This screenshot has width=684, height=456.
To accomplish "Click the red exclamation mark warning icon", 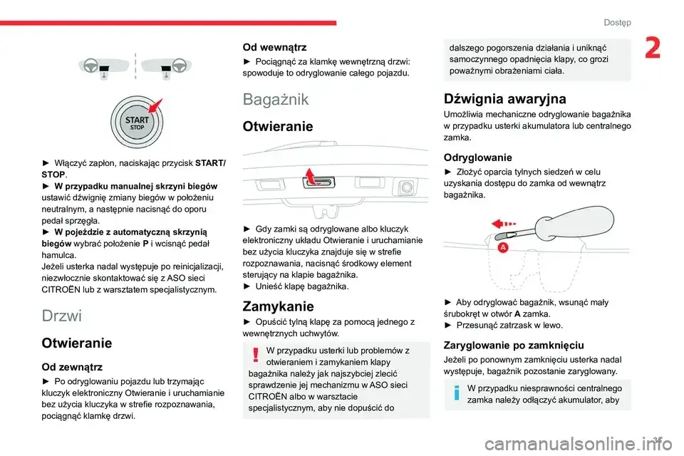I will point(256,354).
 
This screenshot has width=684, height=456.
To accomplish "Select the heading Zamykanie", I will point(278,307).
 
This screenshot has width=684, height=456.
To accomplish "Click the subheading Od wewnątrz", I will point(274,47).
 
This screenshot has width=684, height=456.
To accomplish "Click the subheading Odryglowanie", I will point(480,157).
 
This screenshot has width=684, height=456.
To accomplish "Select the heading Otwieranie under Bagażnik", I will point(277,126).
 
